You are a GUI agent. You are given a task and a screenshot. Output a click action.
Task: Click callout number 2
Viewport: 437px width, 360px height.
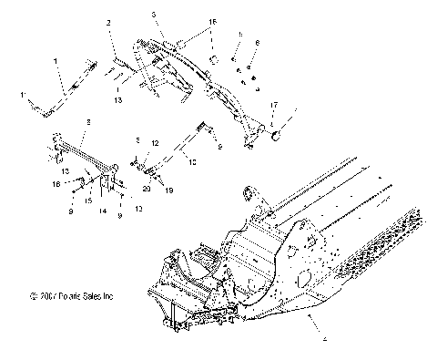[108, 21]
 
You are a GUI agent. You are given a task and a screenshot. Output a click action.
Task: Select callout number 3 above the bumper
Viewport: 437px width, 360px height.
[154, 16]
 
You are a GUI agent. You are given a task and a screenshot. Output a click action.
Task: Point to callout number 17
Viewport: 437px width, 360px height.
[274, 106]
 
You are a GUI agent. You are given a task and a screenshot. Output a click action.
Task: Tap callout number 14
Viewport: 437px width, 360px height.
[102, 211]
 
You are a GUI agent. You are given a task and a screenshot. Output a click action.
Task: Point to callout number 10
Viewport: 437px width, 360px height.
[192, 160]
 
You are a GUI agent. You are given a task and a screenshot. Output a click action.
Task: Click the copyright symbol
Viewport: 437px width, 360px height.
[33, 295]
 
